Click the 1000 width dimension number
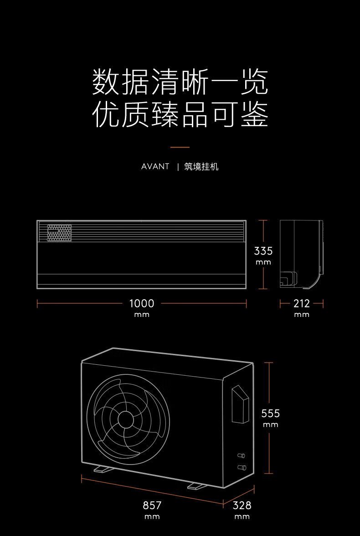pos(142,303)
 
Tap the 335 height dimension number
pos(263,251)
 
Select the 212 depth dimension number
pos(302,303)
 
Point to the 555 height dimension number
pos(270,413)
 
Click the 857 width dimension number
pos(152,505)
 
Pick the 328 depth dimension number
pos(242,505)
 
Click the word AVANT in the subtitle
pos(155,167)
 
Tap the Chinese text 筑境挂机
pos(201,167)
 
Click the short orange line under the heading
pos(180,148)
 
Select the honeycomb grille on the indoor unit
pos(59,233)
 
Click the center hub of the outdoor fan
pos(126,419)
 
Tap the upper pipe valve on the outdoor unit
pos(241,455)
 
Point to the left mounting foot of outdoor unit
pos(103,469)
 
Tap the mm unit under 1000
pos(142,315)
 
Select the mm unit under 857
pos(152,517)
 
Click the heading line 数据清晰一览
pos(180,82)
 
